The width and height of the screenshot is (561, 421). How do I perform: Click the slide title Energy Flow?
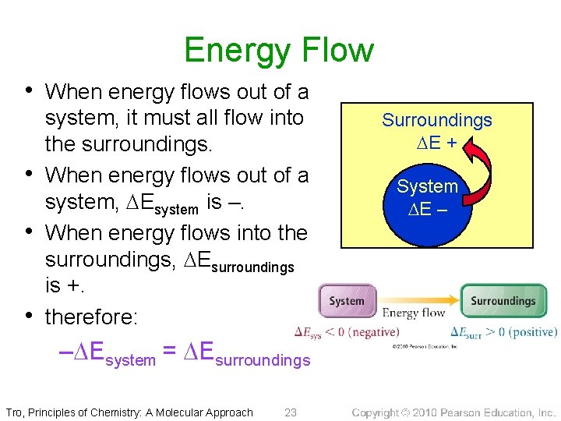[x=279, y=51]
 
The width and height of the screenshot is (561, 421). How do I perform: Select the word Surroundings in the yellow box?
[x=436, y=120]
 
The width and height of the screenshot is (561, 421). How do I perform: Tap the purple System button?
[x=347, y=301]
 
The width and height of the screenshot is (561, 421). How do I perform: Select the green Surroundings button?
[x=503, y=301]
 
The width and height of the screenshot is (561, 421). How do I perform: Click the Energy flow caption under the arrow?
[x=414, y=313]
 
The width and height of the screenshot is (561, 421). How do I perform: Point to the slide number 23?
[x=291, y=412]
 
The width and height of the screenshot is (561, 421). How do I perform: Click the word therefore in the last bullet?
[x=91, y=317]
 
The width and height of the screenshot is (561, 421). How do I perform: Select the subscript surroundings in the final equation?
[x=262, y=360]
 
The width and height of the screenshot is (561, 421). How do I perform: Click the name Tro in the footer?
[x=14, y=412]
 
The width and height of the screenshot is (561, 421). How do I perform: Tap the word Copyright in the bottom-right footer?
[x=381, y=412]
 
